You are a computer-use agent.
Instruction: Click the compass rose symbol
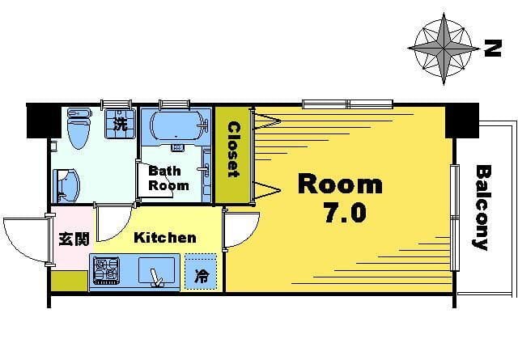tap(444, 49)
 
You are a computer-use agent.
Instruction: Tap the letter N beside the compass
tap(493, 49)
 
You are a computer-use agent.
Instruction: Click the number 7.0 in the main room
tap(346, 213)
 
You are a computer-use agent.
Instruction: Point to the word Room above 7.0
tap(340, 184)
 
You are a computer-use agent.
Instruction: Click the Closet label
tap(234, 150)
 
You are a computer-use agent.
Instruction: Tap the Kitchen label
tap(165, 238)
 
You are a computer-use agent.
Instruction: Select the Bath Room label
tap(168, 178)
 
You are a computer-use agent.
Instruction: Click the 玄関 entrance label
tap(74, 239)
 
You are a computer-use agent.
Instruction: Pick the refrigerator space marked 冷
tap(201, 272)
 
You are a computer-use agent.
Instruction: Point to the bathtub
tap(176, 126)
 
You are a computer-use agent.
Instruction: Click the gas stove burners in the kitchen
tap(106, 271)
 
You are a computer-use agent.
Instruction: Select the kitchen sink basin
tap(156, 270)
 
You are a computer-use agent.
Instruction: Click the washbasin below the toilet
tap(67, 186)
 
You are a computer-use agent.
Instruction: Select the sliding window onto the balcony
tap(455, 218)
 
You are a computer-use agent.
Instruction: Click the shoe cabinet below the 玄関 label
tap(69, 281)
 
